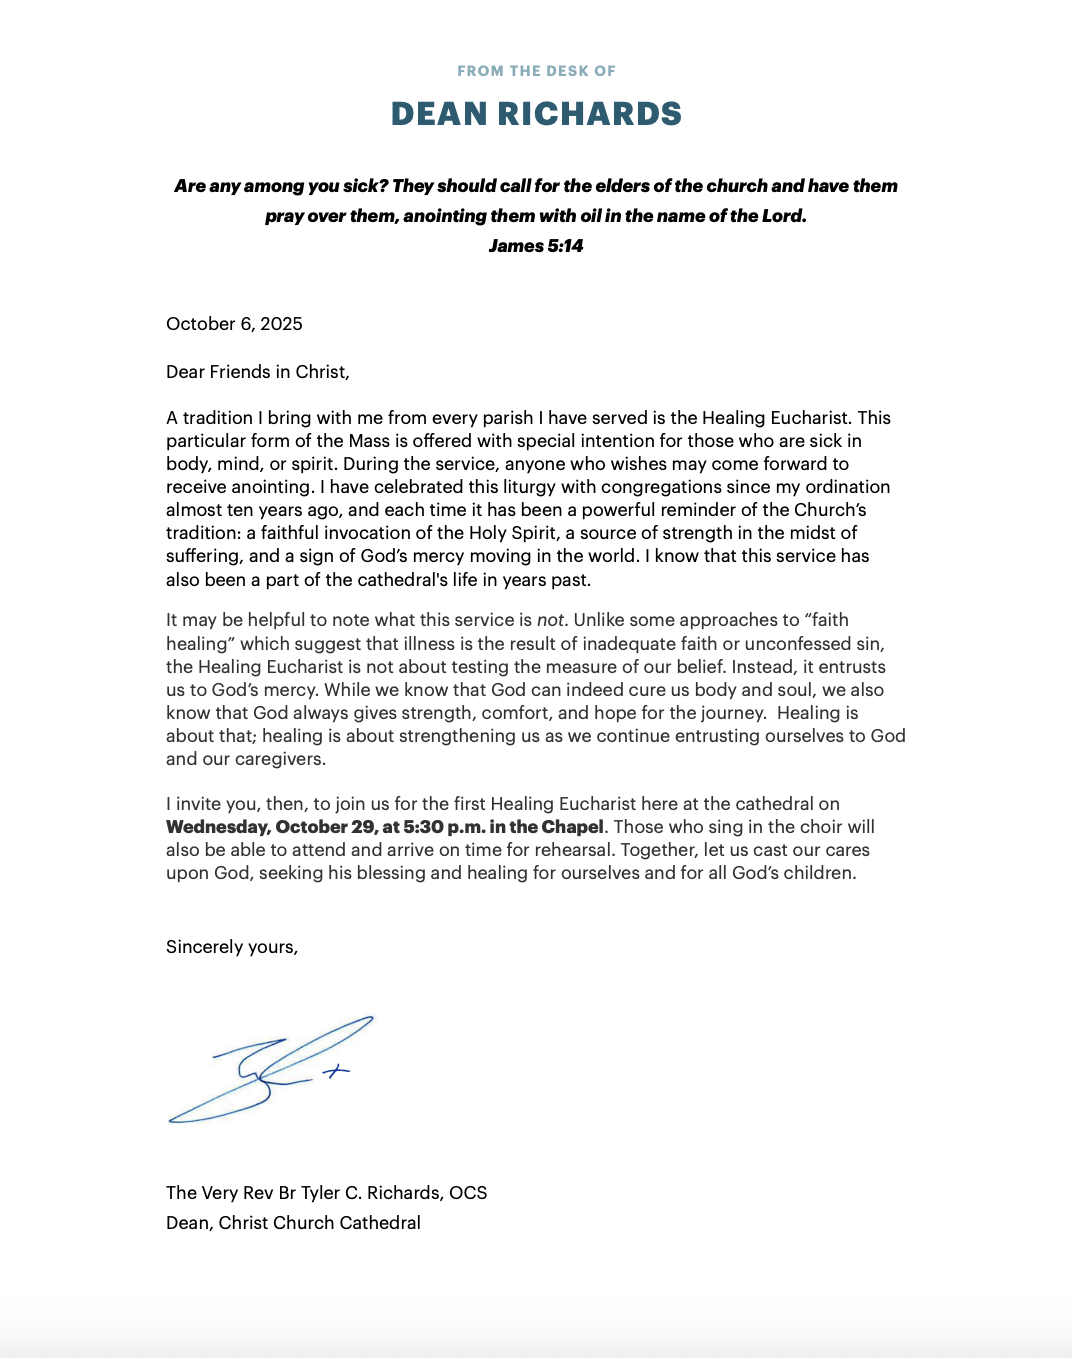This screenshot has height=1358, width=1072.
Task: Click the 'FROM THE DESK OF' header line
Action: point(536,71)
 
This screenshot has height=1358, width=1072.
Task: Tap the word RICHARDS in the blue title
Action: point(589,114)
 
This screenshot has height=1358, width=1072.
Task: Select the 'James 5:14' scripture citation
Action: point(536,246)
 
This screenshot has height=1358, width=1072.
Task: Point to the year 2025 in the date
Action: point(281,324)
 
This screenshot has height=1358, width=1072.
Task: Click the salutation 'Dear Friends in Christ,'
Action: point(258,372)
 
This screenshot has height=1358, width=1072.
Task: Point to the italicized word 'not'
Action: point(550,620)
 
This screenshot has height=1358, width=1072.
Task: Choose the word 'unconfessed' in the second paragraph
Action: point(802,644)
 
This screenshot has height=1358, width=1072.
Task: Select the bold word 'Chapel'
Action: point(572,827)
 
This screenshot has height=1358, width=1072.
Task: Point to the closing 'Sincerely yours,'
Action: point(232,947)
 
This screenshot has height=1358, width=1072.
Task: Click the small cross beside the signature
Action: point(337,1071)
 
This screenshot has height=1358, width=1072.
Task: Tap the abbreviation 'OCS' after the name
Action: point(468,1193)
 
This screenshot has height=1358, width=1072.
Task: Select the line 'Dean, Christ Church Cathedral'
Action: point(293,1223)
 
